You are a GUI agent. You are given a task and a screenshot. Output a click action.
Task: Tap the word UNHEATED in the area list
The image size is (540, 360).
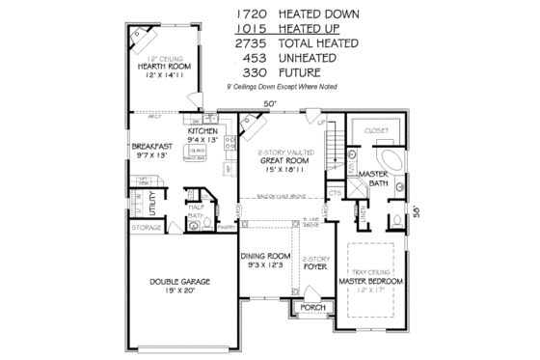pyautogui.click(x=314, y=57)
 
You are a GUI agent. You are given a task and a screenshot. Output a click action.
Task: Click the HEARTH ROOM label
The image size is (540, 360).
pyautogui.click(x=162, y=66)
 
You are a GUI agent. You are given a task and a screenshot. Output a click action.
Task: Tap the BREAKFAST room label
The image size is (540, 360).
pyautogui.click(x=152, y=147)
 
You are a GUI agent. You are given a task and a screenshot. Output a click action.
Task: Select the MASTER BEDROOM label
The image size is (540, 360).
pyautogui.click(x=371, y=281)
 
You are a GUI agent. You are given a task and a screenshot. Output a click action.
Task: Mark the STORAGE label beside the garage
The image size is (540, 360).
pyautogui.click(x=147, y=228)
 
